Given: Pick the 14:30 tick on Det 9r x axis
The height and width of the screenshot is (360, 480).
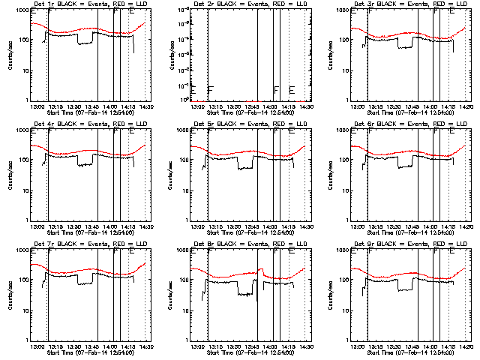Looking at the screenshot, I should coord(465,347).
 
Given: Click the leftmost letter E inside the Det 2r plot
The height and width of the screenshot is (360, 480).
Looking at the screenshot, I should coord(193,90).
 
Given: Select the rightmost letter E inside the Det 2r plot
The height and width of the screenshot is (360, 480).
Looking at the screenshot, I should coord(292,90).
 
